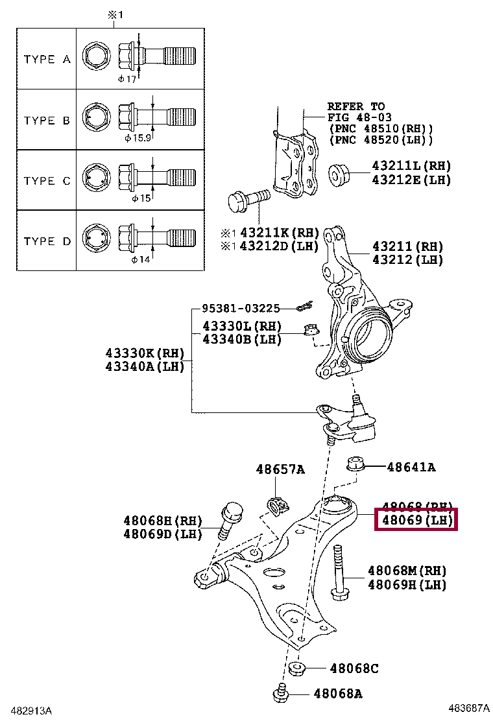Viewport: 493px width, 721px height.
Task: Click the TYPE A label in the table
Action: point(47,59)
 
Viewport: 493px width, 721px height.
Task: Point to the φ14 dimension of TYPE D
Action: point(140,259)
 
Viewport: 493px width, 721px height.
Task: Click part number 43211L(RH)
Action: point(411,167)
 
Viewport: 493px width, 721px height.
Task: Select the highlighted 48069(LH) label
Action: point(417,520)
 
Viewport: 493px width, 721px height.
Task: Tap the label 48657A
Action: point(280,469)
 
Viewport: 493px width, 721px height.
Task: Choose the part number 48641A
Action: point(411,466)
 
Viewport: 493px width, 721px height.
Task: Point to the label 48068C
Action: point(354,668)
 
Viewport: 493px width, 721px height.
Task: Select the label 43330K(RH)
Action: point(145,353)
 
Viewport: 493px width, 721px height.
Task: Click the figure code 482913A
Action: point(27,711)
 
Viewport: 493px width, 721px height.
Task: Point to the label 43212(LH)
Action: point(407,260)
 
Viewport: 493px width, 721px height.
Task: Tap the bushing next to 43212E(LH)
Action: point(339,174)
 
